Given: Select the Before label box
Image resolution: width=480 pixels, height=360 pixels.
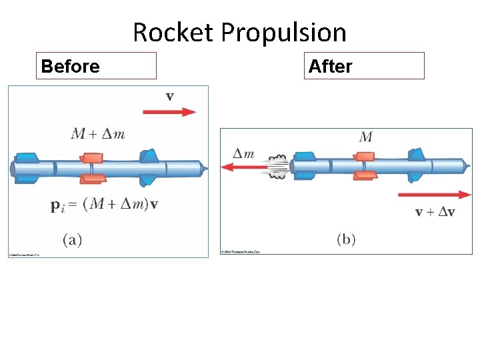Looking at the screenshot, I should pyautogui.click(x=96, y=66).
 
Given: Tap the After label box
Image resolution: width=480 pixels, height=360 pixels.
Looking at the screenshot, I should pyautogui.click(x=364, y=66).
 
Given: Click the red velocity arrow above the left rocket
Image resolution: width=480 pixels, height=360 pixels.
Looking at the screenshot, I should pyautogui.click(x=169, y=112).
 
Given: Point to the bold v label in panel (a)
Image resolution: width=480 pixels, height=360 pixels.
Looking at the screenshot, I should pyautogui.click(x=170, y=96).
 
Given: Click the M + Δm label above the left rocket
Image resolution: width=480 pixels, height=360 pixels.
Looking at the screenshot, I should pyautogui.click(x=97, y=134).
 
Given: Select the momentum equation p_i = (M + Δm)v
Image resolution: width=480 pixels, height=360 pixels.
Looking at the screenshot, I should pyautogui.click(x=104, y=205).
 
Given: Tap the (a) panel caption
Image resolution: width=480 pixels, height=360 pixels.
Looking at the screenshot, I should pyautogui.click(x=73, y=240).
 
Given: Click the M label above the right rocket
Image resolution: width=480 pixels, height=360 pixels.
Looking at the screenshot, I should pyautogui.click(x=366, y=137).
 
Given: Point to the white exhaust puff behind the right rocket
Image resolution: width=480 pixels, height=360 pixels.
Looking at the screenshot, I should pyautogui.click(x=278, y=165).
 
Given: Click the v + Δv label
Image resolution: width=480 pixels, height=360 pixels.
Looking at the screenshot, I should pyautogui.click(x=435, y=212).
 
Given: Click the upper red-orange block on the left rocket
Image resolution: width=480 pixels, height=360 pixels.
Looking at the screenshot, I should pyautogui.click(x=93, y=158).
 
